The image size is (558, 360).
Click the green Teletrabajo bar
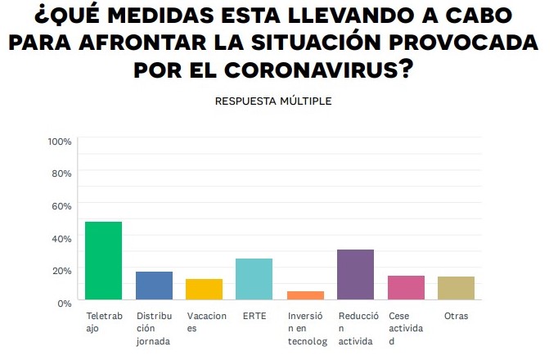(104, 261)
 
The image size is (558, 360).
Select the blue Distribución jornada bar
(154, 286)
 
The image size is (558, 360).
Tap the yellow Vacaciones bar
(204, 290)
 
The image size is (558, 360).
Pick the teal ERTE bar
(254, 279)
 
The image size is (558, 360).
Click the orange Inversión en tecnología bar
(305, 295)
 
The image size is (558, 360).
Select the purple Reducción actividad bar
(355, 275)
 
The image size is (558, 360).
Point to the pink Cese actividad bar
(406, 288)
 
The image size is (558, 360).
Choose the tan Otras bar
(456, 288)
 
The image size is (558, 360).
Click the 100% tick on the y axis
(60, 142)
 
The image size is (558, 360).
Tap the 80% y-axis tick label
(62, 173)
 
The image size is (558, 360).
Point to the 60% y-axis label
(62, 206)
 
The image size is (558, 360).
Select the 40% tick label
(62, 238)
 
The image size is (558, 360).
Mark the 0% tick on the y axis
(65, 303)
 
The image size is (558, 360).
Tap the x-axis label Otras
(455, 315)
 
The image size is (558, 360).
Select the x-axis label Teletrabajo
(104, 322)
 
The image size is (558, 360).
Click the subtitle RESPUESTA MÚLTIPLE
(273, 101)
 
